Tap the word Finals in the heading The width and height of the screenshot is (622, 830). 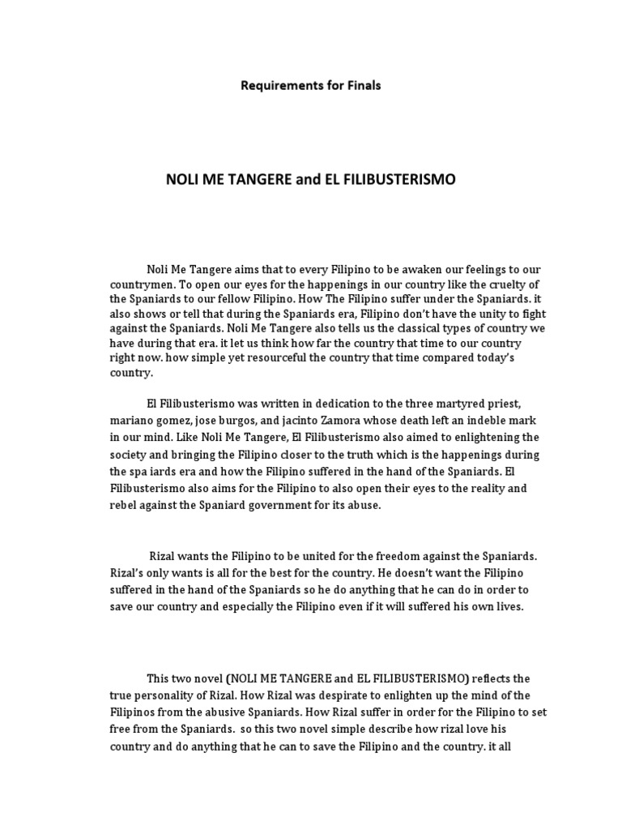tap(363, 85)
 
